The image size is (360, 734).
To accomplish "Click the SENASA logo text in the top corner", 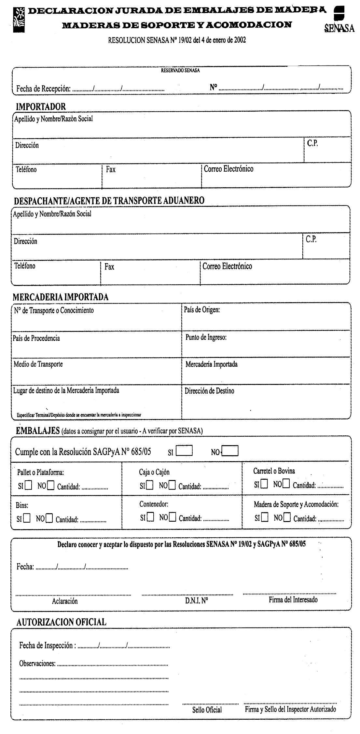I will pos(339,29).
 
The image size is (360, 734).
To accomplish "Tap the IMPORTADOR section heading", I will pos(41,106).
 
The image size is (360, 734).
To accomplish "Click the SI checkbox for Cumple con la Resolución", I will pos(184,451).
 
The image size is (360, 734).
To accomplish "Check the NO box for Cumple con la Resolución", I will pos(231,451).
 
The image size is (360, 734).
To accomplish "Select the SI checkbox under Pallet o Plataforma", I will pos(29,486).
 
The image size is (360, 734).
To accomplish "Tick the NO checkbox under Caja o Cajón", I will pos(172,486).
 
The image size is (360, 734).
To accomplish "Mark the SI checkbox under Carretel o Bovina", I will pos(264,484).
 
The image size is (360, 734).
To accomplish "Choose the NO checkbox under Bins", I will pos(49,518).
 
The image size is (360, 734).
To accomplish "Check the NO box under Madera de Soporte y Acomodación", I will pos(286,517).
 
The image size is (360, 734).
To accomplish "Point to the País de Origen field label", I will pos(202,310).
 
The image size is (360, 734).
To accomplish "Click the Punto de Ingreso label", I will pos(206,337).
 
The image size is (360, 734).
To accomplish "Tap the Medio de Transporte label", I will pos(38,364).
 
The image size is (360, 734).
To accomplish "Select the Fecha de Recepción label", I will pos(43,88).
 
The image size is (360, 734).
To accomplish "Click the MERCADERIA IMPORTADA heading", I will pos(61,297).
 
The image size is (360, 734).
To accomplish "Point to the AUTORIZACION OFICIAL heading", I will pos(61,622).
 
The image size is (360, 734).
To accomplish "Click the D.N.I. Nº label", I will pos(197,601).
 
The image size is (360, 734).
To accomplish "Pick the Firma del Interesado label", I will pos(293,600).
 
